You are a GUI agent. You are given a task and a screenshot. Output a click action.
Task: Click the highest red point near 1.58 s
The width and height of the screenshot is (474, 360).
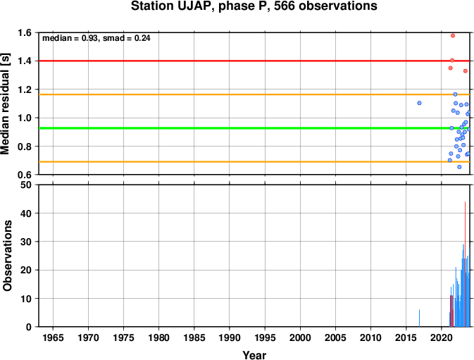tap(453, 36)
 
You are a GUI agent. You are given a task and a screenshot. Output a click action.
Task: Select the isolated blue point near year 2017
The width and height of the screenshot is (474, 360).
tap(419, 103)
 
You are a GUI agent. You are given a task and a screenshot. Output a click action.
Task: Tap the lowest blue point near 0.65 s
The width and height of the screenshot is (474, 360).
tap(459, 167)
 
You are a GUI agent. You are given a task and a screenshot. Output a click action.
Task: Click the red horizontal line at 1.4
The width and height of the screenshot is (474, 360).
tap(254, 61)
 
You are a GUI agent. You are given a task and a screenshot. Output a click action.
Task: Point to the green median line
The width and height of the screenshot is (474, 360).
tap(254, 128)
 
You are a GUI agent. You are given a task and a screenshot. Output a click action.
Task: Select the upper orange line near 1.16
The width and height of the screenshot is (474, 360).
tap(254, 94)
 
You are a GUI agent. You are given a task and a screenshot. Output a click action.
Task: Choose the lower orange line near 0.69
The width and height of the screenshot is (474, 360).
tap(254, 162)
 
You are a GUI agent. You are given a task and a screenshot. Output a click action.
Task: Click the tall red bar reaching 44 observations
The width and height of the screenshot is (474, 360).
tap(465, 264)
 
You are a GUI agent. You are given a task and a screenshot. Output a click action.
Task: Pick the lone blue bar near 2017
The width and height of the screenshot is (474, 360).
tap(419, 318)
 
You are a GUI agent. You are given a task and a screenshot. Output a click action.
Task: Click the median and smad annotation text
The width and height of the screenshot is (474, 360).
tap(96, 38)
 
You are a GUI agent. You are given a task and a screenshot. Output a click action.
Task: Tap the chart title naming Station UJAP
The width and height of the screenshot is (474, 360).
tap(254, 6)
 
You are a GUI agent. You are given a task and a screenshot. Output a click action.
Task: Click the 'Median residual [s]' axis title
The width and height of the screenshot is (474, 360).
tap(6, 104)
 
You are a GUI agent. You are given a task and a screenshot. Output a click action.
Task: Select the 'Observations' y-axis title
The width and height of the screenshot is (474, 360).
tap(7, 256)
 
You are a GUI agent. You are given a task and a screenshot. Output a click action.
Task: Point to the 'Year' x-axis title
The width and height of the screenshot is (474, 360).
tap(254, 355)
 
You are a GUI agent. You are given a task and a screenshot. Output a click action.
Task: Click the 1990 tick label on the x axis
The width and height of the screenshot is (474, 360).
tap(230, 337)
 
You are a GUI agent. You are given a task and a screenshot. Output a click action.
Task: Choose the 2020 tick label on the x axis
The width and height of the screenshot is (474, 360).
tap(441, 337)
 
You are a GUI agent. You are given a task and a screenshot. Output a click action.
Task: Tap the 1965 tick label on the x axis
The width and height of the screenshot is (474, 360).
tap(54, 337)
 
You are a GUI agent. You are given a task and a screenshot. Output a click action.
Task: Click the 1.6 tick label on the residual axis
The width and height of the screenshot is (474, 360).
tap(25, 32)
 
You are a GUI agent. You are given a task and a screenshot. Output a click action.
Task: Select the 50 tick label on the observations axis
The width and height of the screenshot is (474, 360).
tap(26, 185)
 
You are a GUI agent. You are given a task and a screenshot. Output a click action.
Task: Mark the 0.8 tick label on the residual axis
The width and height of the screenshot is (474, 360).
tap(25, 147)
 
